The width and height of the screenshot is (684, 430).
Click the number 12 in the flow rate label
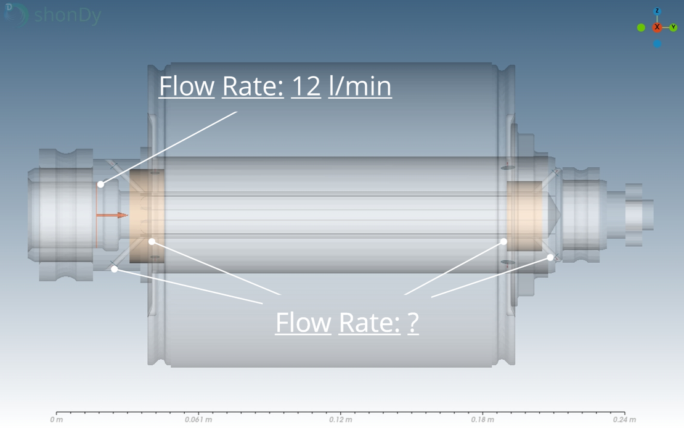tap(306, 86)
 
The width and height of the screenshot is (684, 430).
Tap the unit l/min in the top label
tap(359, 86)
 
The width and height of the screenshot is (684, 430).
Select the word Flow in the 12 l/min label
tap(187, 86)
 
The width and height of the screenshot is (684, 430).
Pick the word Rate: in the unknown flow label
tap(368, 322)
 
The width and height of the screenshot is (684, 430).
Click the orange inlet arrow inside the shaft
tap(113, 215)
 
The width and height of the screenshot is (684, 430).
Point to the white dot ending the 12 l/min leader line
tap(100, 184)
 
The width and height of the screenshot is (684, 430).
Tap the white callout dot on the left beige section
tap(152, 241)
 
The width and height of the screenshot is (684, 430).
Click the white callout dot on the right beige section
tap(503, 241)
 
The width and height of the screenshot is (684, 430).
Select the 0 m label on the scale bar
tap(56, 420)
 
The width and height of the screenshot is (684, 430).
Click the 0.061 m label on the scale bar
tap(198, 420)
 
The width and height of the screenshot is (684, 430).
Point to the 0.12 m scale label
tap(340, 420)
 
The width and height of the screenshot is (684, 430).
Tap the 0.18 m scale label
tap(482, 420)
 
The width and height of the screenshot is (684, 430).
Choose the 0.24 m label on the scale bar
tap(624, 420)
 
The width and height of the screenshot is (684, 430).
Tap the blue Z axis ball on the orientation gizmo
tap(657, 12)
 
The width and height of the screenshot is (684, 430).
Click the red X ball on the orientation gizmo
tap(657, 27)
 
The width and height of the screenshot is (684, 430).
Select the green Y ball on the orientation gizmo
tap(673, 27)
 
